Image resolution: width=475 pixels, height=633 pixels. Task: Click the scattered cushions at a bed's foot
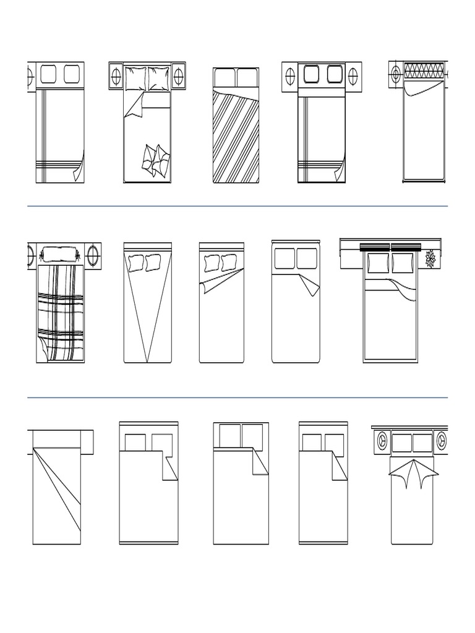point(156,159)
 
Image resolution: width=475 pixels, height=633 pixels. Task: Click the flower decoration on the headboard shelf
point(430,260)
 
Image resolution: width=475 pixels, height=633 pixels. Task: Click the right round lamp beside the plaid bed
point(93,255)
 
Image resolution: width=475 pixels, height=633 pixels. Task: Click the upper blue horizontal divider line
point(237,206)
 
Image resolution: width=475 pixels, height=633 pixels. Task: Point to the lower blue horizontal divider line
point(237,397)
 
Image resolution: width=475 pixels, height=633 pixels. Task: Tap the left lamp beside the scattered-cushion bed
point(116,77)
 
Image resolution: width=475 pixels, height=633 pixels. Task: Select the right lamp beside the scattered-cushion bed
point(179,77)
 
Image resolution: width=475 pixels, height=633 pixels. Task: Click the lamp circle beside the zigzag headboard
point(396,72)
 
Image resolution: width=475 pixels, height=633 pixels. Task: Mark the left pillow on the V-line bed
point(136,263)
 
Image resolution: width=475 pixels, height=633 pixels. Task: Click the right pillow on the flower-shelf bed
point(403,262)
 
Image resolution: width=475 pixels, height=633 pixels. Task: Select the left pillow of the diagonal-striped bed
point(225,77)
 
